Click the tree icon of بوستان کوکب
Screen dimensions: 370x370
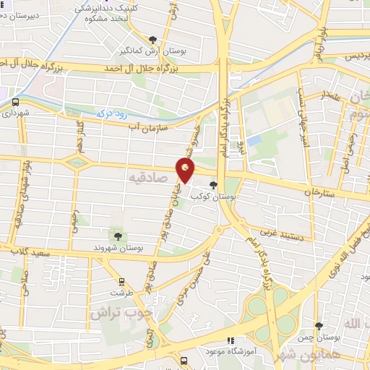(212, 184)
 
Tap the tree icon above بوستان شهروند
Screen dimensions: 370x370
(117, 235)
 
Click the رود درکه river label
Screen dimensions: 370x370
(112, 113)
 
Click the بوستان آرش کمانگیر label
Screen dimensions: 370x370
(151, 51)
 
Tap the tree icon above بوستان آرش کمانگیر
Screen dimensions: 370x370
(152, 40)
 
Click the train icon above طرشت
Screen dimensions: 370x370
(121, 283)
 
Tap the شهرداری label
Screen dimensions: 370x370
(15, 113)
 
